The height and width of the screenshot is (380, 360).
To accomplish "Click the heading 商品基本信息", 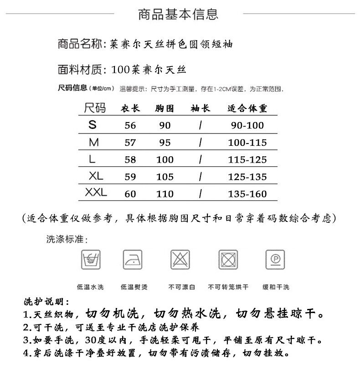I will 178,15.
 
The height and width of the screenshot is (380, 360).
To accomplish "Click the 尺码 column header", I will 95,108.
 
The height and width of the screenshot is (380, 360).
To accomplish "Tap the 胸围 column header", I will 165,108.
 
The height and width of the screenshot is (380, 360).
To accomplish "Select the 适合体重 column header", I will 247,108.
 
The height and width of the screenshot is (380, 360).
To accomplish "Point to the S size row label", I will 93,125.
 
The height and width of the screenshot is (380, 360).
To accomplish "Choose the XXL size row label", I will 96,193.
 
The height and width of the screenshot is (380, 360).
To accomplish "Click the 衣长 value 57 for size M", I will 130,143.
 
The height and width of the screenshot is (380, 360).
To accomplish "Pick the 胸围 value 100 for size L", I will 165,159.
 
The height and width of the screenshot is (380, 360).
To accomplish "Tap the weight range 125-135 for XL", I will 247,177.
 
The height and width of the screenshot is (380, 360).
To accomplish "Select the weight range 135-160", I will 247,194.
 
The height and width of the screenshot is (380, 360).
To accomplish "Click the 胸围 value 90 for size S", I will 165,126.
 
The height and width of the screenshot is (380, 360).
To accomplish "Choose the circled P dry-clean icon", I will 275,260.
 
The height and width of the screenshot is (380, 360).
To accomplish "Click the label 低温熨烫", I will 134,288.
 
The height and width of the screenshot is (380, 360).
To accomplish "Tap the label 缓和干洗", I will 276,288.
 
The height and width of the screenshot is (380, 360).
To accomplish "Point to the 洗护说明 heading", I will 46,303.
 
